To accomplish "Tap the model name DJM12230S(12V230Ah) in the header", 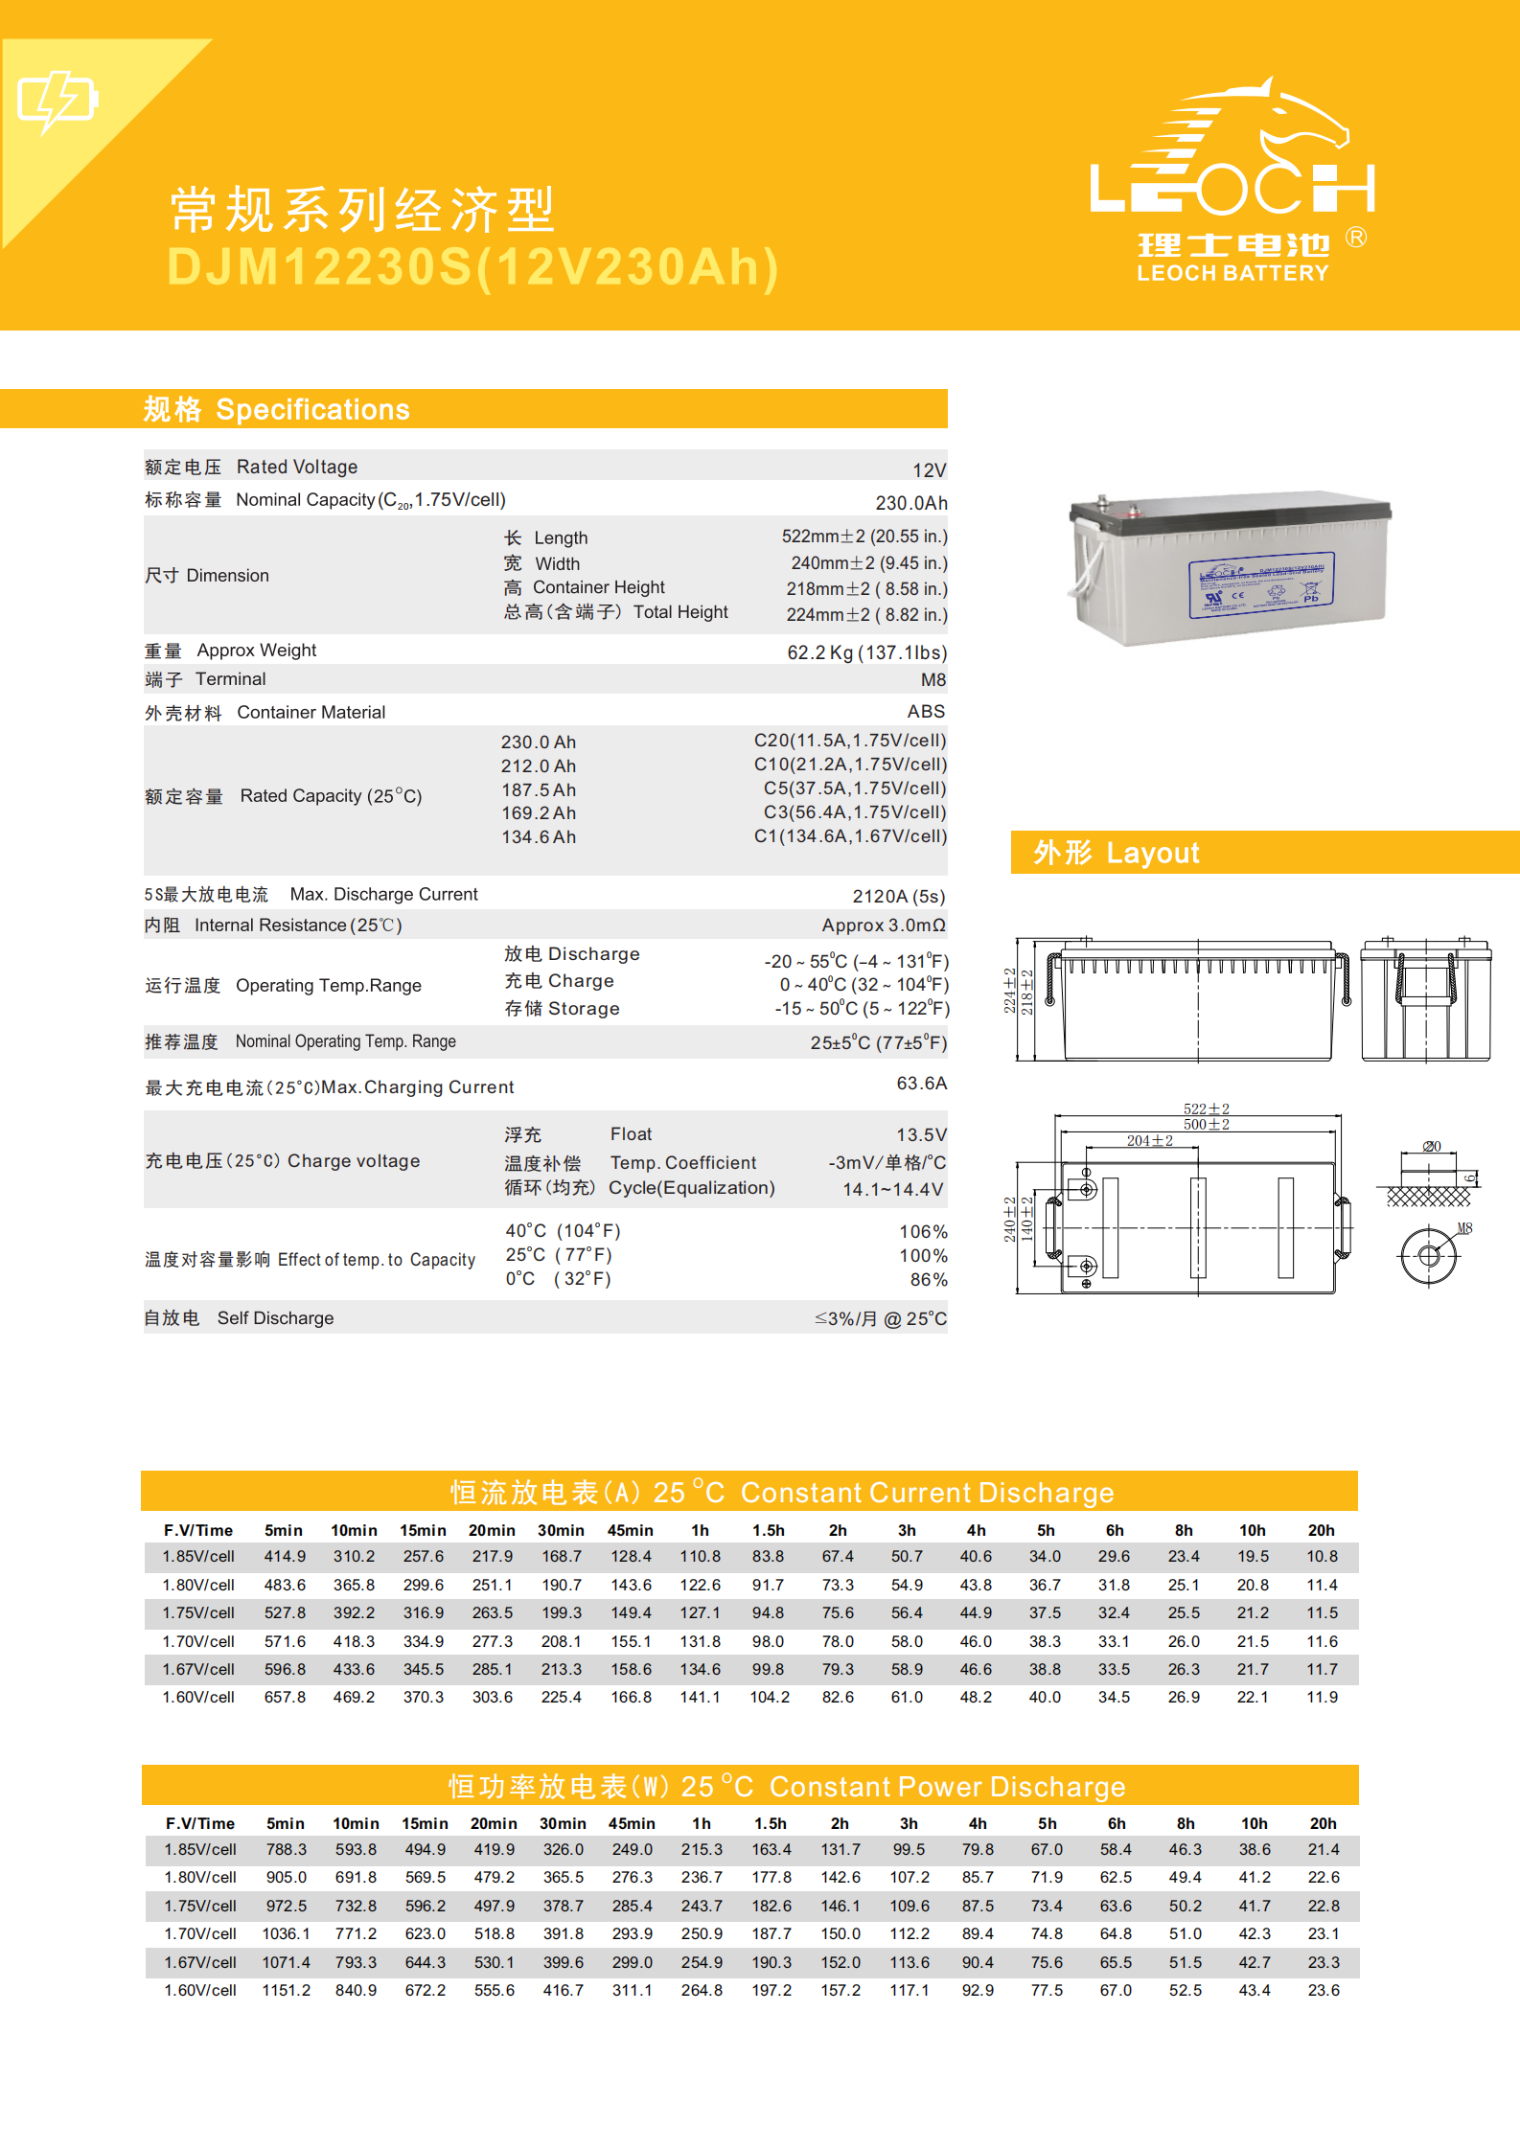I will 473,267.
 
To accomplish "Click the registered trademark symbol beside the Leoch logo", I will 1355,237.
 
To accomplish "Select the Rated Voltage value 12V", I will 929,470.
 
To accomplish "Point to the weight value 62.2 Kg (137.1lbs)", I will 866,652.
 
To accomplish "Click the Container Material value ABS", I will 926,712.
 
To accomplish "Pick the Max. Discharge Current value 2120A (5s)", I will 898,897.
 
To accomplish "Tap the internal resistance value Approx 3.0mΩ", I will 883,925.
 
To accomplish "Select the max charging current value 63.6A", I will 921,1084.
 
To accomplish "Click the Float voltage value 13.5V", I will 921,1135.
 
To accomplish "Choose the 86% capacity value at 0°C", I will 928,1280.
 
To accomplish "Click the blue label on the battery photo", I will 1261,584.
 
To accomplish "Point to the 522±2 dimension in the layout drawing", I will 1206,1109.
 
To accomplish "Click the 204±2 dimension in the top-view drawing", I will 1149,1141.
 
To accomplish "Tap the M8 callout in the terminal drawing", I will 1464,1228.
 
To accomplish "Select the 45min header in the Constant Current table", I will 630,1531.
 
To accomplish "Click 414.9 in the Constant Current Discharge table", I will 285,1557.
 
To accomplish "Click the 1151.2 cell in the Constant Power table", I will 286,1991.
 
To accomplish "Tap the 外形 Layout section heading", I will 1116,853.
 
